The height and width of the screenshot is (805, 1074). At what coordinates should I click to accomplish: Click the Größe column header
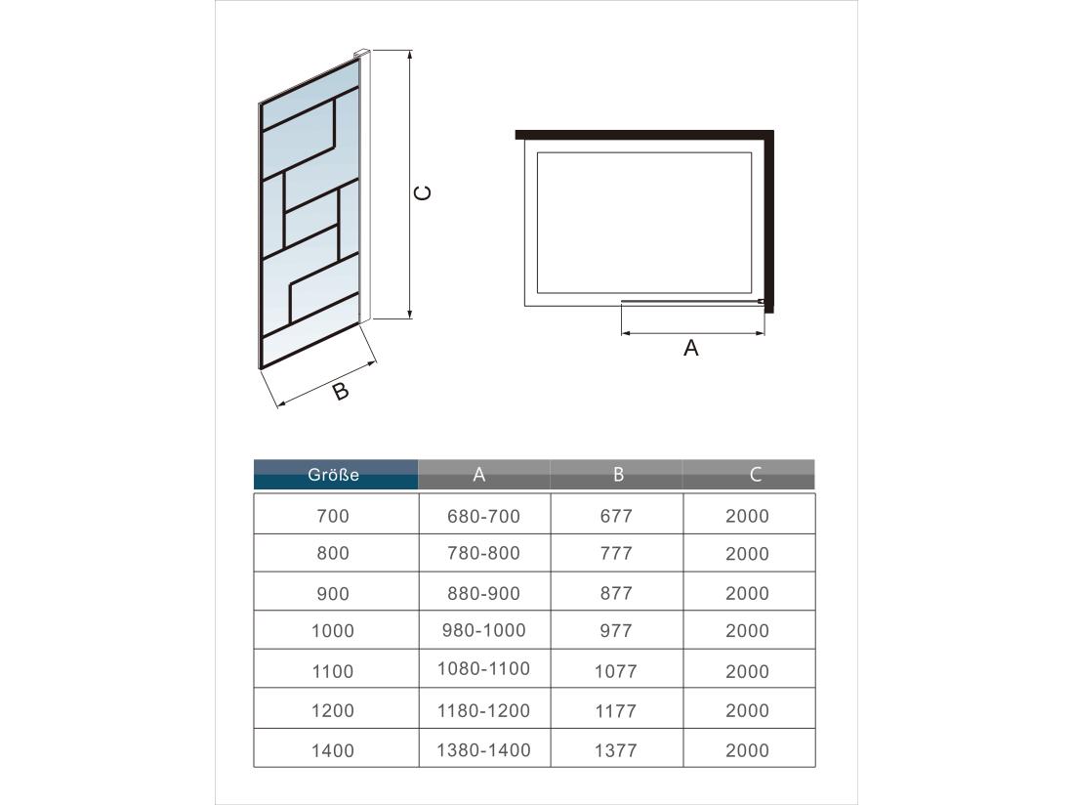[334, 475]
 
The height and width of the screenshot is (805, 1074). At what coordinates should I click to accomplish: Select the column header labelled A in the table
[479, 475]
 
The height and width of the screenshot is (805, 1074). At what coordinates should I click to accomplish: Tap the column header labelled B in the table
[618, 475]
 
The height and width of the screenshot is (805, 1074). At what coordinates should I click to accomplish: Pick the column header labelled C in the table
[757, 475]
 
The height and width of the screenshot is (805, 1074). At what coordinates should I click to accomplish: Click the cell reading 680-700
[483, 516]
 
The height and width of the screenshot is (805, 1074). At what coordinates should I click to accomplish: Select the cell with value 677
[616, 516]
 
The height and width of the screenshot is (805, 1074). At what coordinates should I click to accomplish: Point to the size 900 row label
[333, 593]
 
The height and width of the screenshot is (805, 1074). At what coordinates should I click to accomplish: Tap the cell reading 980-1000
[483, 631]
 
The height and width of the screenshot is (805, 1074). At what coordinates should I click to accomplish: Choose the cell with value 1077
[616, 671]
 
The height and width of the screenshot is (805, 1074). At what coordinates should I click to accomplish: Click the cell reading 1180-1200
[483, 710]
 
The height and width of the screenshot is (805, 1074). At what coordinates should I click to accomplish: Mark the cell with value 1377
[616, 750]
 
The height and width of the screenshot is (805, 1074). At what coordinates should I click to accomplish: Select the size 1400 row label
[333, 750]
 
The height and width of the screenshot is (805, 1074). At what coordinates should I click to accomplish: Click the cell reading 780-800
[483, 553]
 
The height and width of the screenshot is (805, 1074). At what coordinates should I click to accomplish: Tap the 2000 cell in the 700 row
[747, 516]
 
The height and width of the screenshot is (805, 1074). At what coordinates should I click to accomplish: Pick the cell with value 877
[616, 593]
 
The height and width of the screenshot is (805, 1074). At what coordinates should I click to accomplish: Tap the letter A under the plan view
[691, 348]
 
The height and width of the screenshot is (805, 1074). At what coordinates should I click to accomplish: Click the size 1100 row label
[333, 671]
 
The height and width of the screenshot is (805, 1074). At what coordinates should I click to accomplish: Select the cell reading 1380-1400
[483, 750]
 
